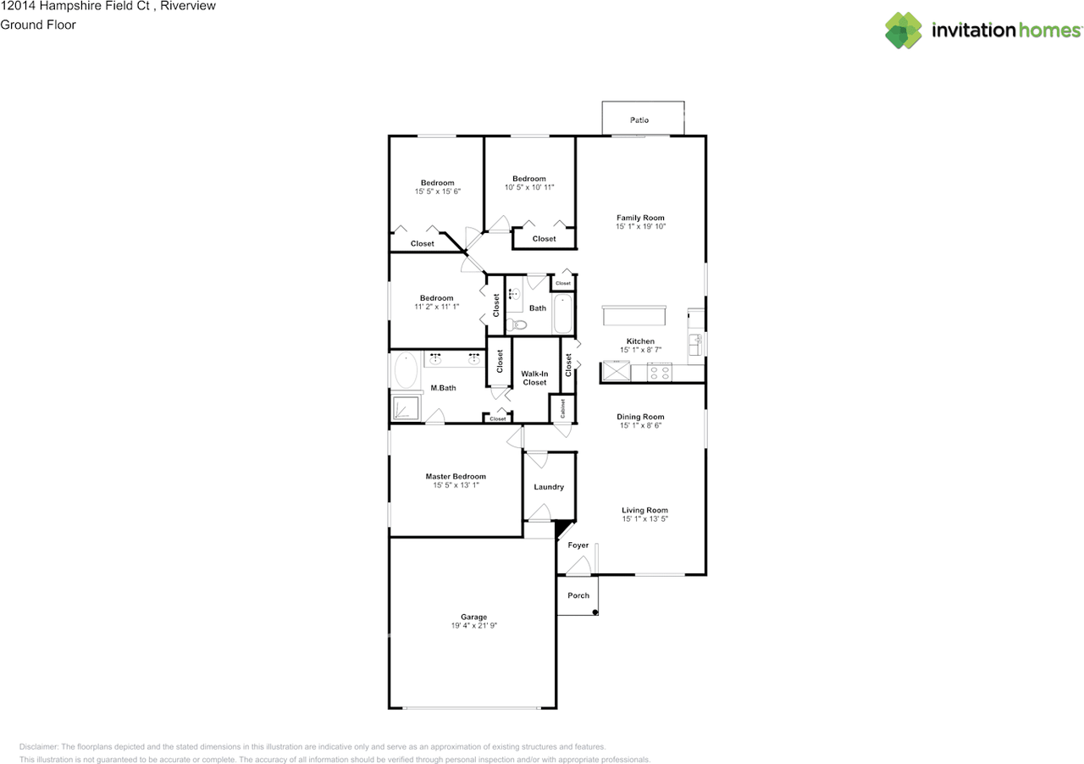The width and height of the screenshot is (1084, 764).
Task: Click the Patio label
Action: [639, 120]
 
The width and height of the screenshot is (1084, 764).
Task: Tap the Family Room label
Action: [640, 218]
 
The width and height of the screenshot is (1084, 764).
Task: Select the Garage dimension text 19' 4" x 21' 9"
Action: [473, 626]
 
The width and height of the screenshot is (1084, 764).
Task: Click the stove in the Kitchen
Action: [660, 372]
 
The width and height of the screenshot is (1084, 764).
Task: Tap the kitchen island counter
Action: [633, 316]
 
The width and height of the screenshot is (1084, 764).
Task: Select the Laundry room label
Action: [549, 487]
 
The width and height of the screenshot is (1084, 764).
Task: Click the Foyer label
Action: [578, 545]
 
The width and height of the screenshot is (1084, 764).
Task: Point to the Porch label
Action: [578, 595]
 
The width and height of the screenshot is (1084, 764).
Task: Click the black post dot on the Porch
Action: [595, 612]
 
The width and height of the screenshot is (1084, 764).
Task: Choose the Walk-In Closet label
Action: [534, 378]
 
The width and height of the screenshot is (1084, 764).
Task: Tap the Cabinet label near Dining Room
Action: [562, 408]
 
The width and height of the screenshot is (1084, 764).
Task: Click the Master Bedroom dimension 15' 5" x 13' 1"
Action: [456, 485]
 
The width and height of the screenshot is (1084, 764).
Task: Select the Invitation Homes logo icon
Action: [904, 30]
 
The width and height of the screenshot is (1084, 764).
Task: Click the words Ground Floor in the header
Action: [38, 25]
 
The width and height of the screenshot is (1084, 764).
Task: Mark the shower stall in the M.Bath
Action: [407, 408]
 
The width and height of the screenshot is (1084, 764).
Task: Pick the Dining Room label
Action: [640, 417]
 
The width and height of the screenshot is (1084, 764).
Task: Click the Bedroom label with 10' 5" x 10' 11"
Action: [528, 179]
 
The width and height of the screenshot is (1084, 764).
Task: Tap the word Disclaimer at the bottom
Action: [39, 747]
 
